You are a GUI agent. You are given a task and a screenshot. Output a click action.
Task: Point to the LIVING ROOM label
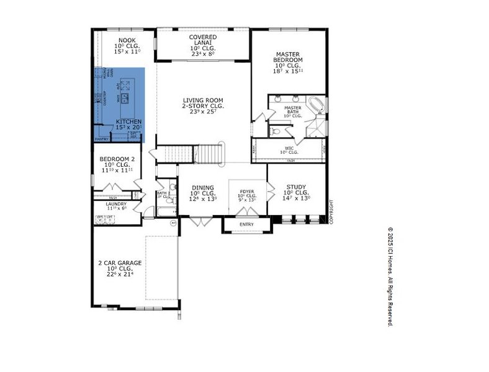click(203, 100)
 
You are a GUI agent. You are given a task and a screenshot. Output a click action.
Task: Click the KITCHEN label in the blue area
click(128, 122)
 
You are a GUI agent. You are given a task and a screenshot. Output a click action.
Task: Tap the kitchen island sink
click(125, 97)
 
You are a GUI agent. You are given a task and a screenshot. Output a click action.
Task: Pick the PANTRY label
click(101, 139)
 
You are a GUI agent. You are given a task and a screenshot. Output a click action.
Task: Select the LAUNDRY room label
click(116, 204)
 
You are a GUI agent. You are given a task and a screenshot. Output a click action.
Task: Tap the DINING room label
click(203, 188)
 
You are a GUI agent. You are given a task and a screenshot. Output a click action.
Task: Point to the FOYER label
click(247, 192)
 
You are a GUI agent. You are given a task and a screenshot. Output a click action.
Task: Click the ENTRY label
click(246, 224)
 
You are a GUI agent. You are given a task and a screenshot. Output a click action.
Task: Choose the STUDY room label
click(296, 187)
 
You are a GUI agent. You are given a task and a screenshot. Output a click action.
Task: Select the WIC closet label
click(289, 148)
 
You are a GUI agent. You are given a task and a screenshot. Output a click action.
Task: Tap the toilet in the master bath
click(276, 131)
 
